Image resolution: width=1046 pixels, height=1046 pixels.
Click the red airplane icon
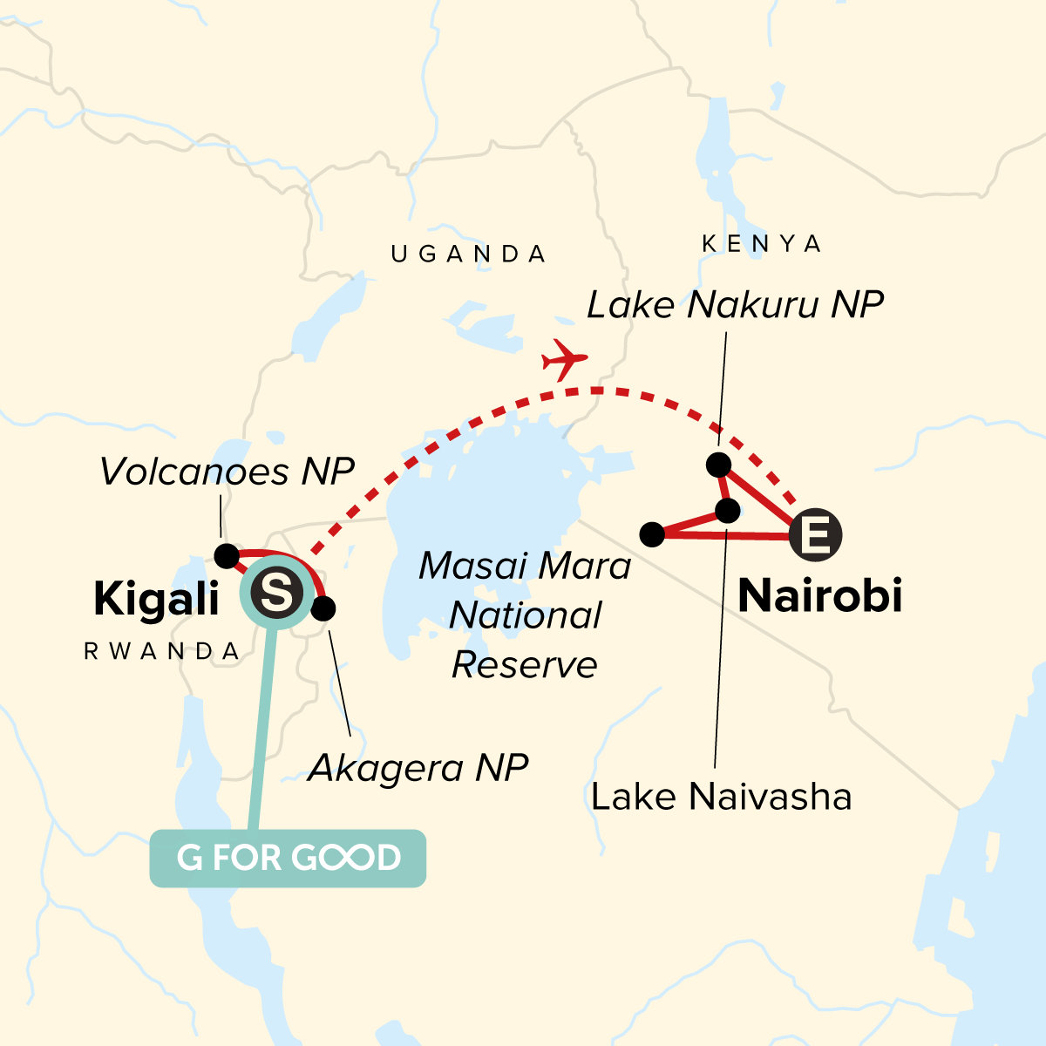(x=565, y=358)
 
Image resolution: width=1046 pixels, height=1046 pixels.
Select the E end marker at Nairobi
(x=816, y=534)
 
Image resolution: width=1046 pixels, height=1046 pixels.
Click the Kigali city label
(x=156, y=599)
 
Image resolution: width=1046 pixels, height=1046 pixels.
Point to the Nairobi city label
(x=819, y=596)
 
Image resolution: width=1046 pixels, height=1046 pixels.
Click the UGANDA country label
(x=469, y=255)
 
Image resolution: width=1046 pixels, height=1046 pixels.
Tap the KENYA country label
(x=762, y=244)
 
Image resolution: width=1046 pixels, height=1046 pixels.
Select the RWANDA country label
(x=162, y=651)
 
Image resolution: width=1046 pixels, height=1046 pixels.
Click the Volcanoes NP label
(x=227, y=472)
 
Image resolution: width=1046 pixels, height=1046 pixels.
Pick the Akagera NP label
(x=418, y=768)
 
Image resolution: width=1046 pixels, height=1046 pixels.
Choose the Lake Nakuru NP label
(x=735, y=305)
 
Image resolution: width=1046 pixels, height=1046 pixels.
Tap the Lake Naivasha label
(x=721, y=797)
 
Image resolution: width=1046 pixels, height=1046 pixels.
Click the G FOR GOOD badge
(x=288, y=859)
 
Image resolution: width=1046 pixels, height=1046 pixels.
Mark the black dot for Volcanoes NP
(x=227, y=555)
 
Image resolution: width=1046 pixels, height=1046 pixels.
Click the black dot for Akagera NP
(x=323, y=608)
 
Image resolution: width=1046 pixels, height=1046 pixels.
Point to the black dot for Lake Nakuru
(x=718, y=465)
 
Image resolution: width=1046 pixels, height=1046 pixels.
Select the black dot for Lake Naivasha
(x=727, y=510)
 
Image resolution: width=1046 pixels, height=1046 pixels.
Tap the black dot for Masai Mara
(x=652, y=534)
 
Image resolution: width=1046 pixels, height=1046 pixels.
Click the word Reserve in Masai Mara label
(x=525, y=665)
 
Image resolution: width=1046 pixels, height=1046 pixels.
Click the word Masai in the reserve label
(x=470, y=567)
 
